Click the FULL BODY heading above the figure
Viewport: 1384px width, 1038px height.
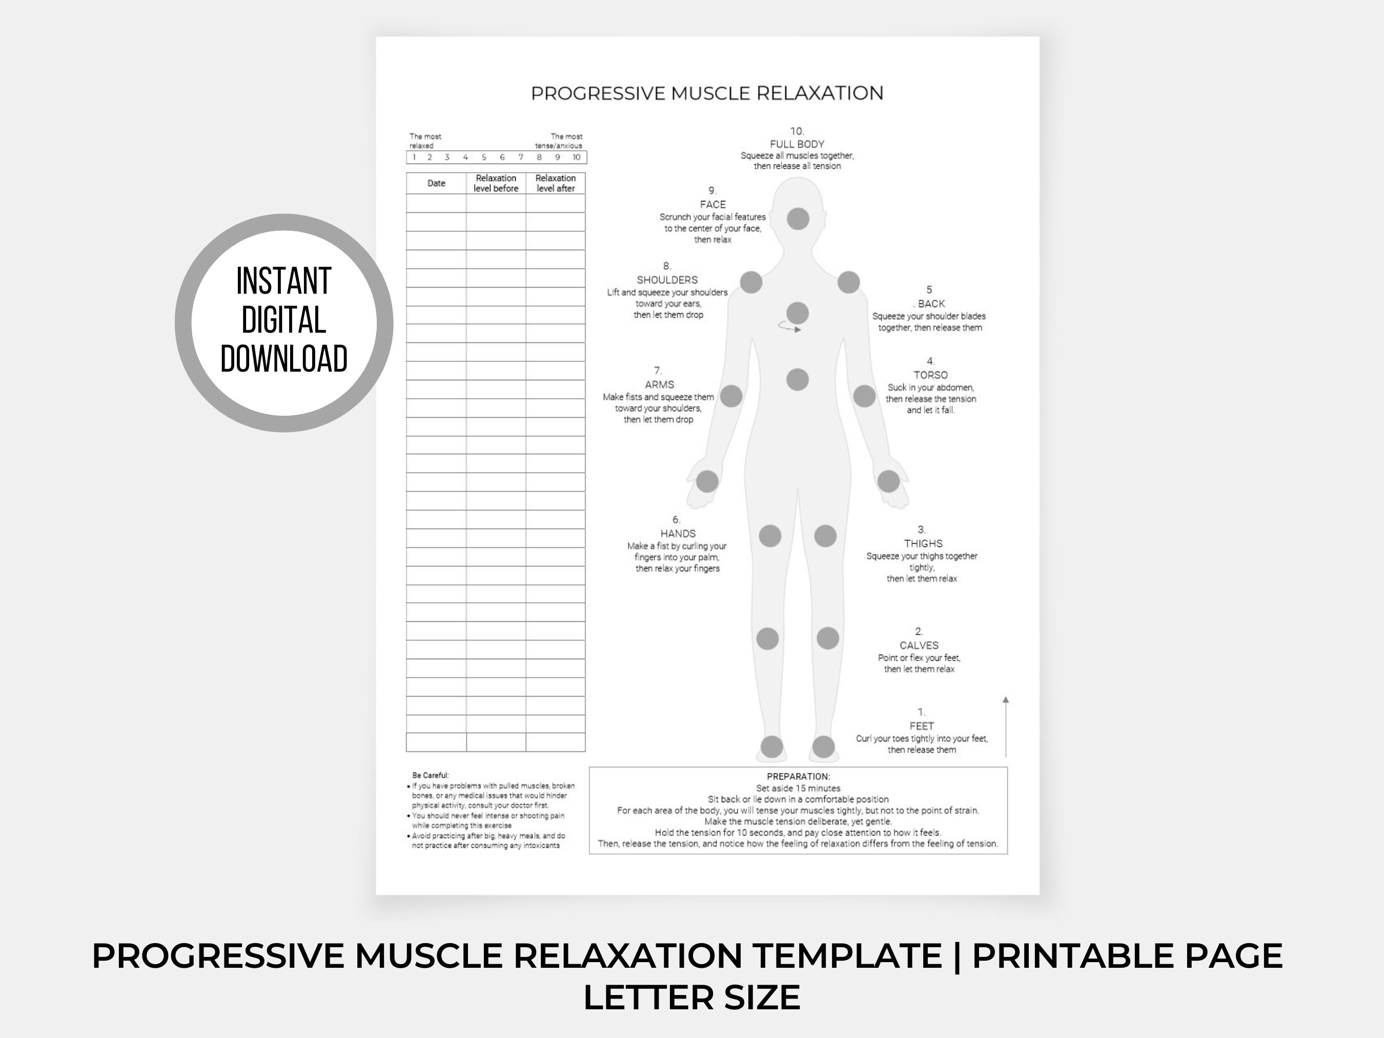click(x=797, y=144)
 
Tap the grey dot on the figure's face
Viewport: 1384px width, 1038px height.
click(x=798, y=219)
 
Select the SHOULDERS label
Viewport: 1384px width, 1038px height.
click(x=667, y=280)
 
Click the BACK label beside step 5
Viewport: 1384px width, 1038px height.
click(x=931, y=303)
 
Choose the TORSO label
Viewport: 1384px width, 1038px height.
click(x=930, y=375)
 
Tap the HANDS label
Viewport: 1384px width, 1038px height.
click(x=678, y=533)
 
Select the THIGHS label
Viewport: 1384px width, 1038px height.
click(x=923, y=543)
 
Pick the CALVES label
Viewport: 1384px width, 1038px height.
click(x=919, y=645)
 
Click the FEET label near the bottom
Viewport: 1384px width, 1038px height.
click(x=921, y=726)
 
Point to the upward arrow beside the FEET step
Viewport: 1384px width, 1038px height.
click(x=1006, y=726)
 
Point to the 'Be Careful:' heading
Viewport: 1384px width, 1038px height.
click(x=431, y=775)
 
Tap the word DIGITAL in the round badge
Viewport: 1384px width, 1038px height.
click(x=283, y=320)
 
